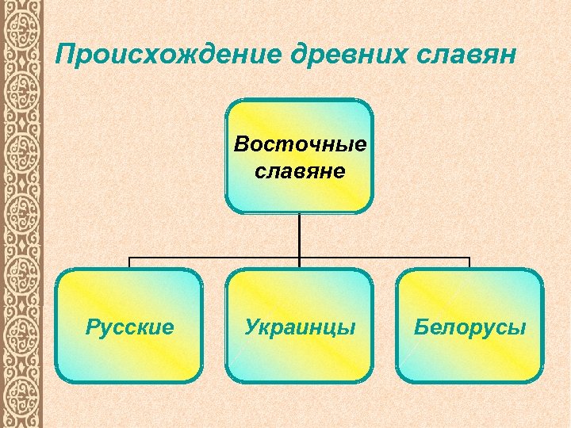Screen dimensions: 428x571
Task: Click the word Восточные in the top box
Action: tap(300, 145)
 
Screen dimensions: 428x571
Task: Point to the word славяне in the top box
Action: tap(300, 170)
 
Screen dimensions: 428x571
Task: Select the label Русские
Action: tap(129, 327)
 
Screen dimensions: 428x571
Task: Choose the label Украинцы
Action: tap(299, 327)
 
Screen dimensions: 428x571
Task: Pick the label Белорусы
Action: tap(469, 327)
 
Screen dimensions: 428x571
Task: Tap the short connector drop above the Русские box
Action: tap(129, 263)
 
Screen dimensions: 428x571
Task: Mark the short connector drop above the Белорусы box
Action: tap(469, 263)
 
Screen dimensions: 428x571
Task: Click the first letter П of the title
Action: tap(65, 55)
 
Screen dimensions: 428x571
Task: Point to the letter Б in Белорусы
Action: tap(420, 326)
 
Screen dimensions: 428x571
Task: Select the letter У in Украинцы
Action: tap(251, 327)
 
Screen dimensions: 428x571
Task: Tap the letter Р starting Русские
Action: tap(90, 326)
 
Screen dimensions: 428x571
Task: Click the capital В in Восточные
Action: tap(240, 145)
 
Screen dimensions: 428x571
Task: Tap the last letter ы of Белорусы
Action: tap(518, 327)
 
